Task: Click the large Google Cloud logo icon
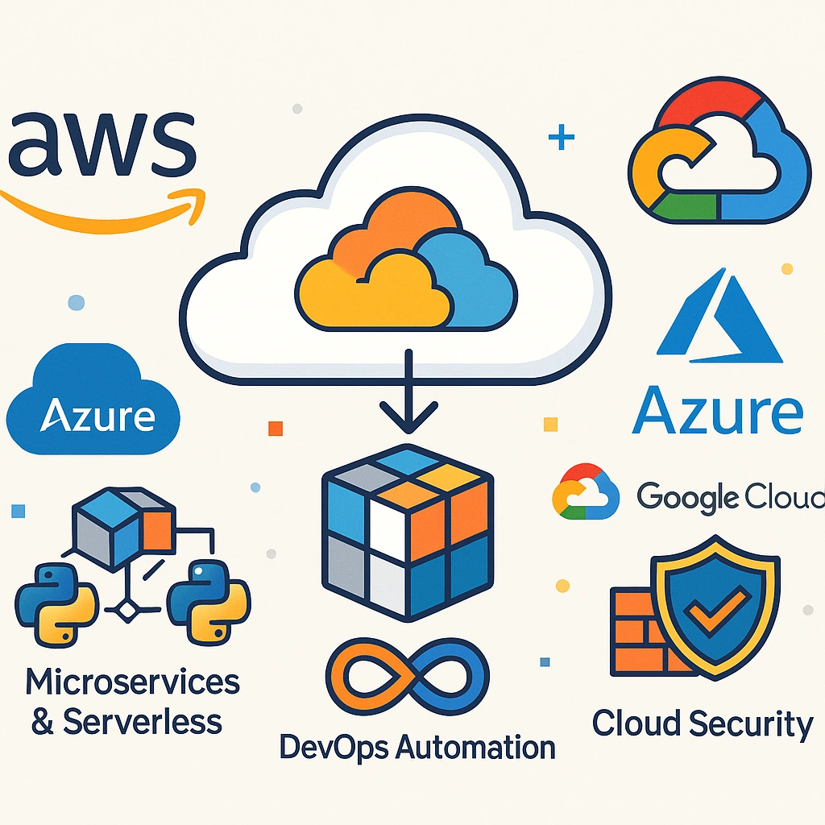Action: (717, 157)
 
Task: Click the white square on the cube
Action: (384, 528)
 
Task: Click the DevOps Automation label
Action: (417, 747)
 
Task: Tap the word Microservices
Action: (133, 682)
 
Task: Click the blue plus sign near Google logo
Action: (561, 139)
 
